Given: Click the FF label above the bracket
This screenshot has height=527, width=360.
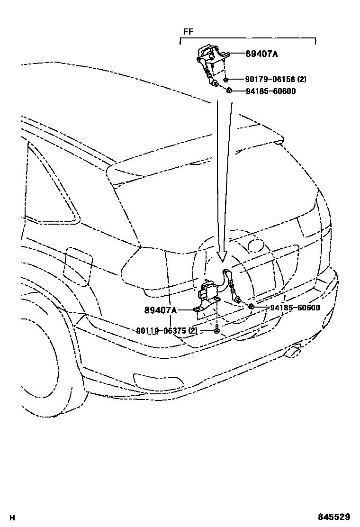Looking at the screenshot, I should click(188, 33).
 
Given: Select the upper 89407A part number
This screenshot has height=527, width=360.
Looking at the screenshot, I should click(261, 54).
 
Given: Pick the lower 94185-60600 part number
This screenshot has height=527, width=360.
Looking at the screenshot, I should click(295, 308).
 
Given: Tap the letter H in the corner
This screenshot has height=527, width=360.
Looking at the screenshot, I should click(12, 518).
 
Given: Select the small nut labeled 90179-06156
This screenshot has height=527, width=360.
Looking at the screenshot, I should click(226, 80).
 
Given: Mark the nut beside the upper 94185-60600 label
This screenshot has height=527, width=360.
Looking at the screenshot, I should click(229, 91).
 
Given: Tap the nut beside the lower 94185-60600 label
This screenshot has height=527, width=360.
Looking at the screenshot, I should click(252, 307).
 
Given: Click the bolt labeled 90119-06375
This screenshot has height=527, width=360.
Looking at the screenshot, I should click(216, 328).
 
